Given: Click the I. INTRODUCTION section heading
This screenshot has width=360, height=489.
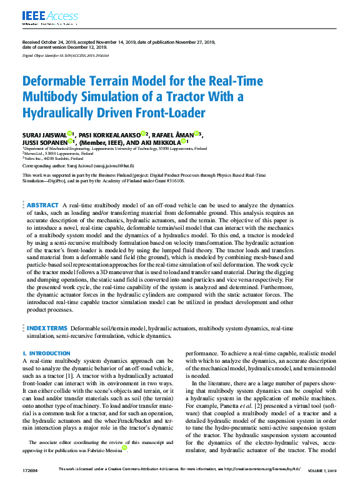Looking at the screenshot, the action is [x=45, y=353].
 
